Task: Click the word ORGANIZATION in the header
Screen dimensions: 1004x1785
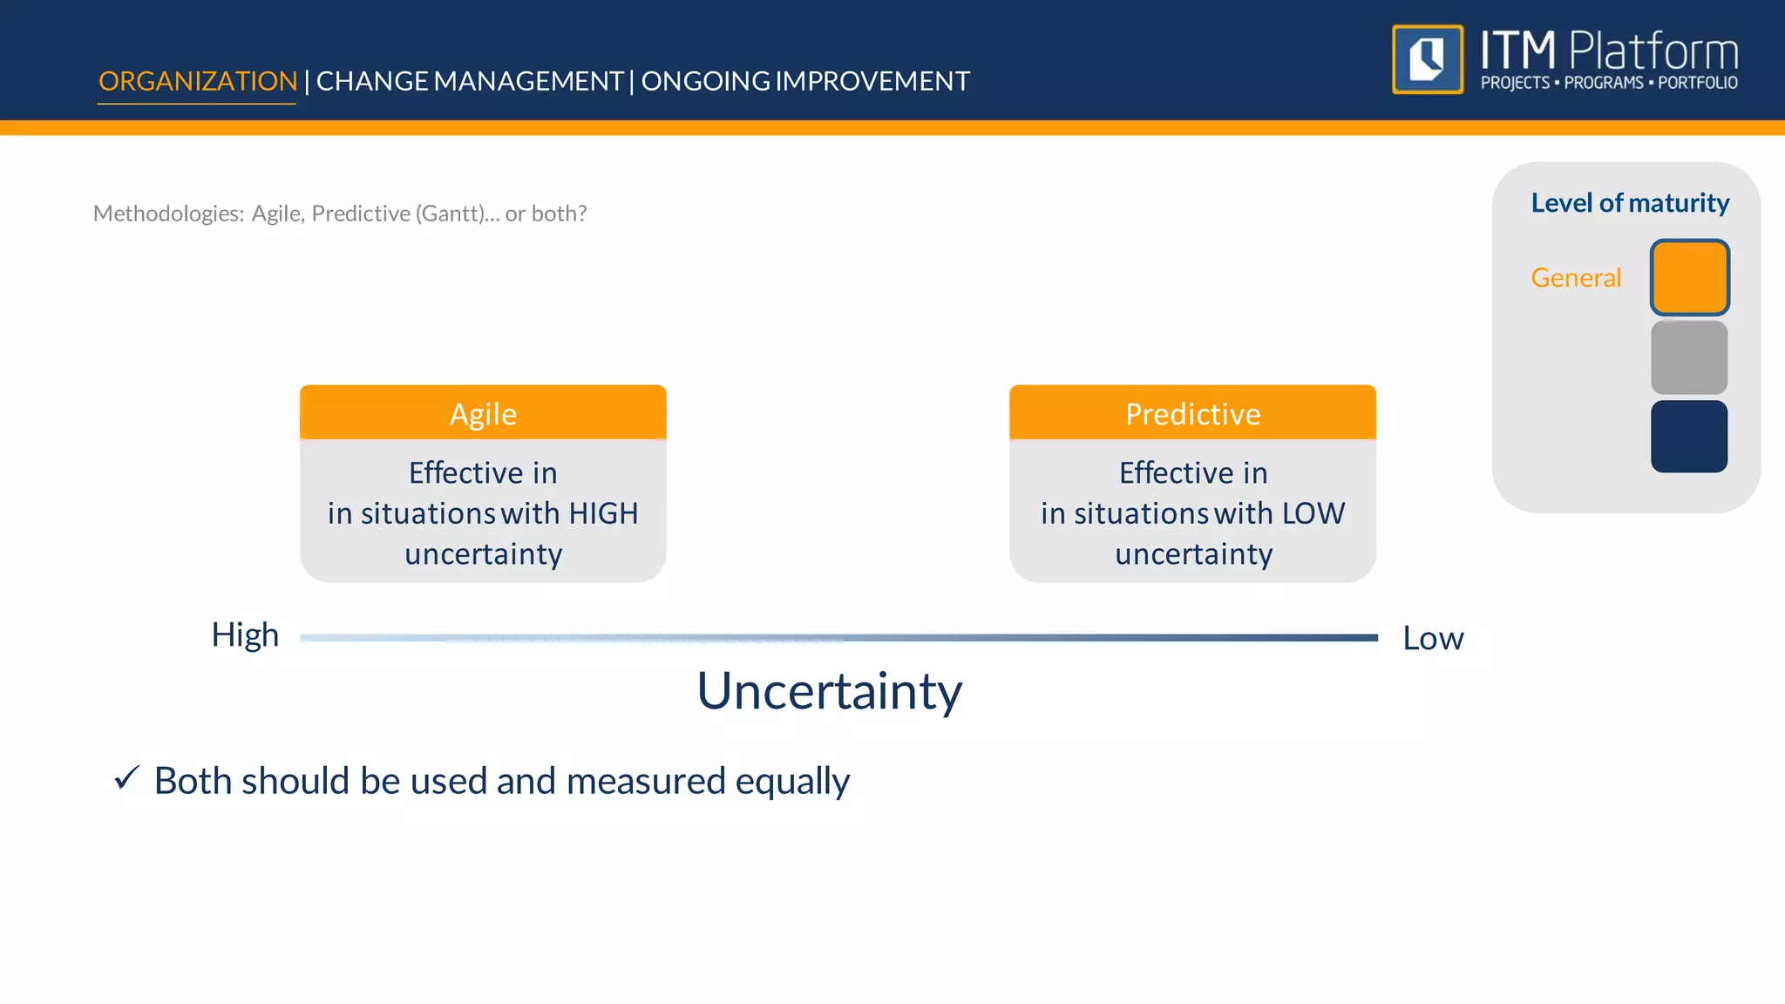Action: point(198,81)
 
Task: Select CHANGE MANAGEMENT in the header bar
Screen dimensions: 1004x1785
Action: point(469,81)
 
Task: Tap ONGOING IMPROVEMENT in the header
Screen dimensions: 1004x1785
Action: point(805,81)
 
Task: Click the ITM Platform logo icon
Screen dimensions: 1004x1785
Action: point(1428,59)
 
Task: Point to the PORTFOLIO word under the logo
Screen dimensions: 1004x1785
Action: point(1698,83)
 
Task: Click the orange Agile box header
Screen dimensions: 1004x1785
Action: point(483,414)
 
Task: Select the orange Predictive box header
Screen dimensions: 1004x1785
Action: point(1192,414)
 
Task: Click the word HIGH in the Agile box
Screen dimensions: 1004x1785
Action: point(604,513)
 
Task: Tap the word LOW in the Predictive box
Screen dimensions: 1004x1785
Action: point(1313,513)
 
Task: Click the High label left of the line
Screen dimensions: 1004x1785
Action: point(245,634)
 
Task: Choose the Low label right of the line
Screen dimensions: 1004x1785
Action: point(1433,638)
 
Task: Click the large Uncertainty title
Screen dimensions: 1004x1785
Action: point(829,691)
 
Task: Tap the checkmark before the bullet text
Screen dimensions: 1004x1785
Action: point(127,777)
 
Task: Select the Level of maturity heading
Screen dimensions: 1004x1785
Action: point(1630,203)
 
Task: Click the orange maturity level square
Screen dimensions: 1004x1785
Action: point(1689,277)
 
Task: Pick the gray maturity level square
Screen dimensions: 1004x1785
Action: point(1689,357)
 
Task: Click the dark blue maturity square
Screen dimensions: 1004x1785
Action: point(1689,437)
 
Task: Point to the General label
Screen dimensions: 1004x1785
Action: point(1576,277)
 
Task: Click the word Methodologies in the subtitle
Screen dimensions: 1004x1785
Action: point(168,214)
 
